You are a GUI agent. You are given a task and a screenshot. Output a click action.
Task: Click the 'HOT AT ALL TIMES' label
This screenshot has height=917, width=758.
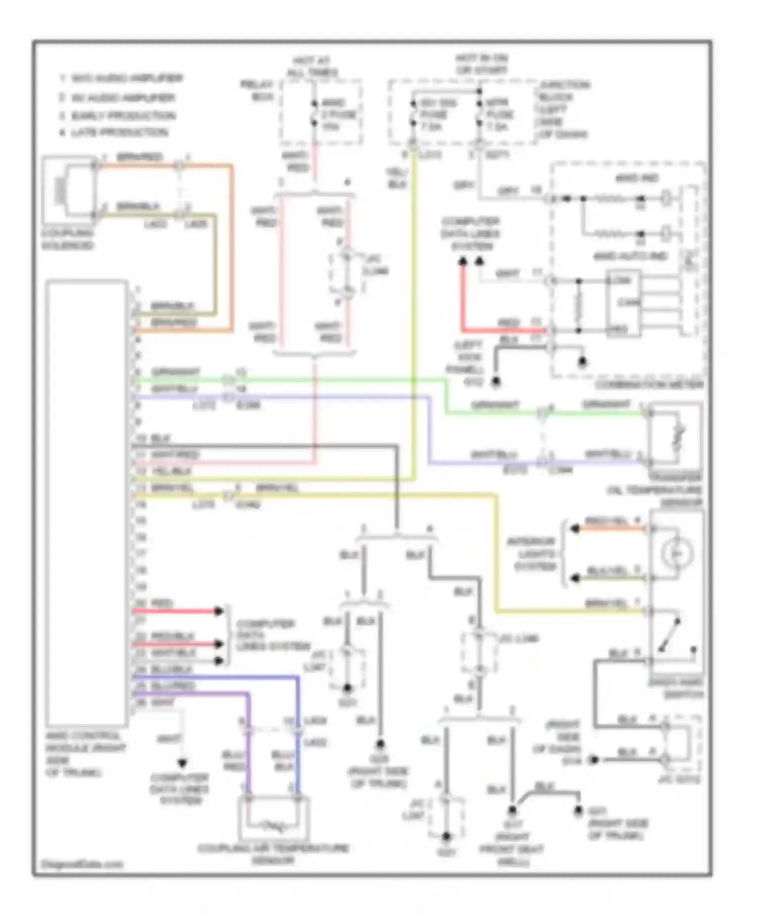(312, 67)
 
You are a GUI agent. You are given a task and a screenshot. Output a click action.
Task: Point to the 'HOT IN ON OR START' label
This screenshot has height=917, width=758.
(481, 64)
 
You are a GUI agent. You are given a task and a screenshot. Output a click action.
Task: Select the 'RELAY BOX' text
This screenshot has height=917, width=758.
(257, 90)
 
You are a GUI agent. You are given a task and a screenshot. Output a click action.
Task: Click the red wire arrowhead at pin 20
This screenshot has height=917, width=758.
(218, 611)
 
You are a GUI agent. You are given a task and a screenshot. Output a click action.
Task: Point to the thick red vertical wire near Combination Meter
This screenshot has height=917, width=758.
(462, 298)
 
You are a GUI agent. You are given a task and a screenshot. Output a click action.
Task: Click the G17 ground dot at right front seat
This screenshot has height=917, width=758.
(512, 810)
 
